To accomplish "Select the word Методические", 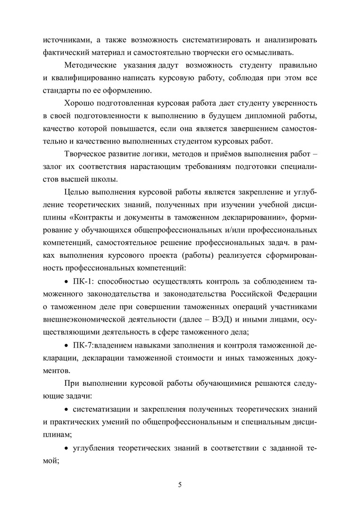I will click(90, 63).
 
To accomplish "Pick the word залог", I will click(52, 167).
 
